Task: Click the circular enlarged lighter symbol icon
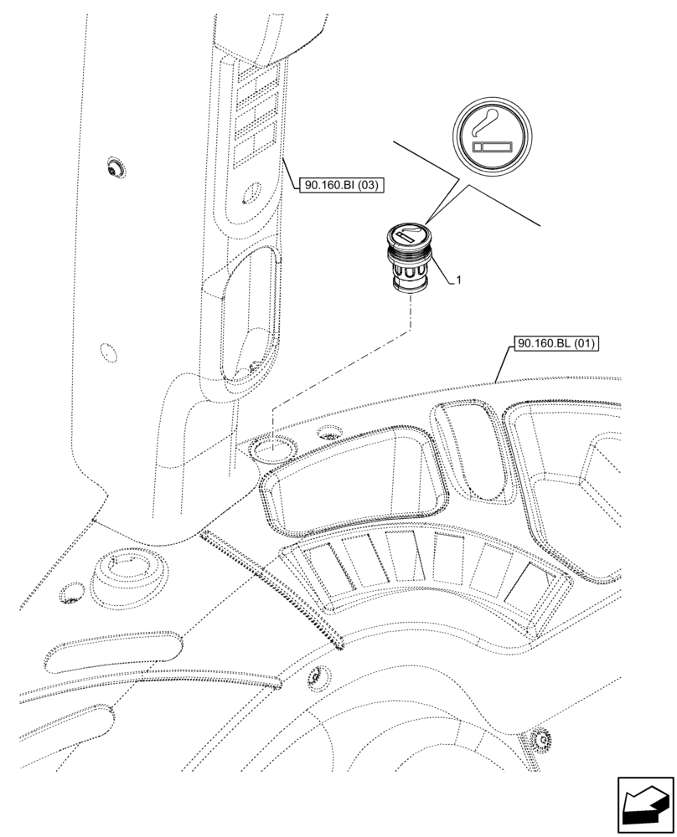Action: pyautogui.click(x=493, y=136)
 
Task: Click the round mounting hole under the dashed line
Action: pyautogui.click(x=271, y=449)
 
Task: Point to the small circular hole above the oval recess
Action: pyautogui.click(x=247, y=199)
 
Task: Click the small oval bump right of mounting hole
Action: pyautogui.click(x=332, y=433)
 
